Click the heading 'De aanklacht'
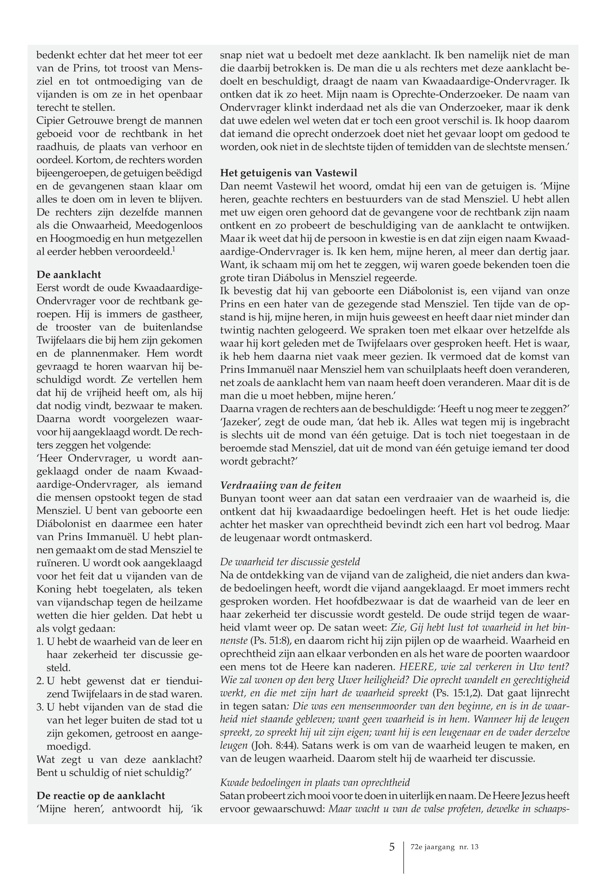point(69,275)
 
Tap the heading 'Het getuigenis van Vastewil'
point(288,173)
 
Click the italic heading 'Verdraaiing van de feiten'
point(280,485)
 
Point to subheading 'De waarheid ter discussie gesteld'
point(290,562)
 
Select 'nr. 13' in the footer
point(469,847)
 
